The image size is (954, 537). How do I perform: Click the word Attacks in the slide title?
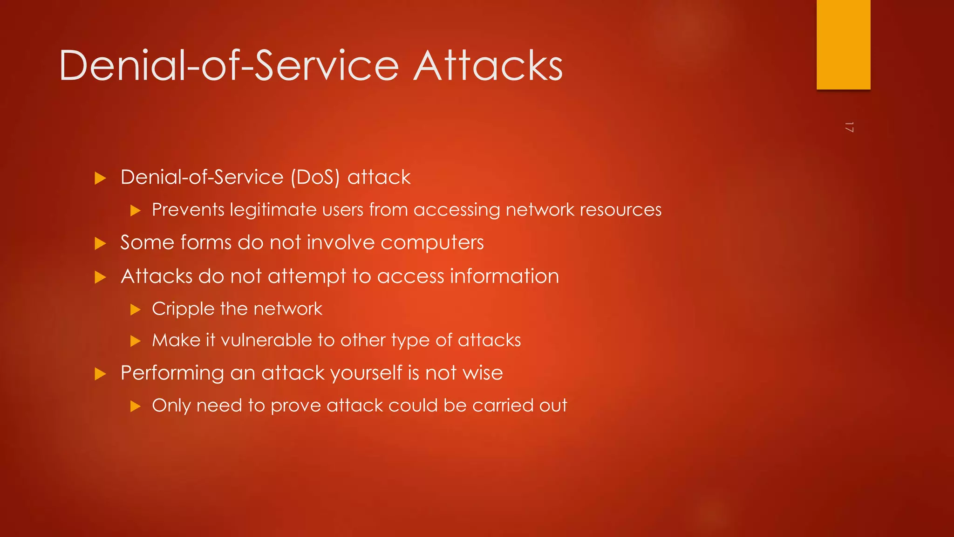pyautogui.click(x=488, y=66)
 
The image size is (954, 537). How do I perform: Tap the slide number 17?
pyautogui.click(x=849, y=127)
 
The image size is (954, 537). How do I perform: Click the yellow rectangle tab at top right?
pyautogui.click(x=843, y=44)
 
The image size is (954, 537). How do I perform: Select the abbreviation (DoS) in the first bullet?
pyautogui.click(x=315, y=178)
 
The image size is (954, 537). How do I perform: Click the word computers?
pyautogui.click(x=432, y=243)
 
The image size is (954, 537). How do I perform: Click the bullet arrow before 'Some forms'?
pyautogui.click(x=100, y=243)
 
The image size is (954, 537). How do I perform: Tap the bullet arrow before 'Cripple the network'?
pyautogui.click(x=135, y=310)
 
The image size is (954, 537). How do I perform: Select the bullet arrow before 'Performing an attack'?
pyautogui.click(x=100, y=374)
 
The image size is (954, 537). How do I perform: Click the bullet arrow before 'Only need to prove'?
pyautogui.click(x=135, y=406)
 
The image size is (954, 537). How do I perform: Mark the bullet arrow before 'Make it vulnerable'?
pyautogui.click(x=135, y=341)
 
